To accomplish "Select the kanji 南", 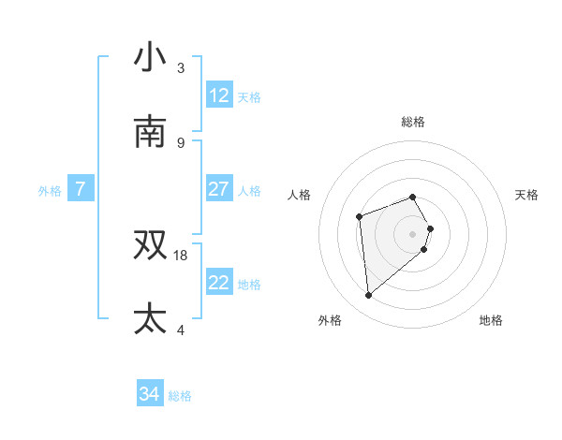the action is [x=151, y=132].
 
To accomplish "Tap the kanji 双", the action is [x=151, y=244].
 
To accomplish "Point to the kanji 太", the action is [x=151, y=318].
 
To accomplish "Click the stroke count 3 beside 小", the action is [x=181, y=67].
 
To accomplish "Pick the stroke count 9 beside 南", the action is [x=181, y=142].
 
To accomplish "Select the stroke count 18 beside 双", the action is [x=181, y=255].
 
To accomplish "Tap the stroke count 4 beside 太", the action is [x=181, y=330].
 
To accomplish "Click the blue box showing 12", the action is [x=219, y=95].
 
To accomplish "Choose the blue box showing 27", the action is [x=219, y=189].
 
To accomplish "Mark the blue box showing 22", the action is [x=219, y=283].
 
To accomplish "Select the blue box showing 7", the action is [x=81, y=189].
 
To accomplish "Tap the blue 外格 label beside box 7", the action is [x=50, y=191].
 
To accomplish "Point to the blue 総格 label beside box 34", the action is [x=180, y=397].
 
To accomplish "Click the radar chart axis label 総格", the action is [x=413, y=122].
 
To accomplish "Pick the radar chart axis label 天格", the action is [x=527, y=195].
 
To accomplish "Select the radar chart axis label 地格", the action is [x=491, y=320].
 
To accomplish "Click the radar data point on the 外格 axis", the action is [x=369, y=296].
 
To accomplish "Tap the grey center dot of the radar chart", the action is [x=413, y=233].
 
